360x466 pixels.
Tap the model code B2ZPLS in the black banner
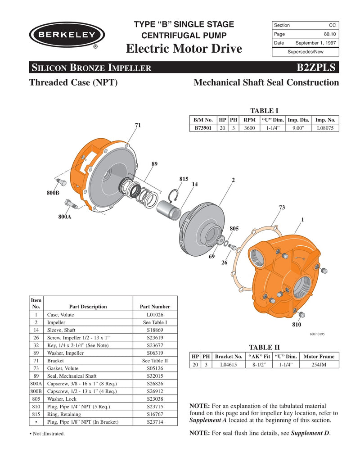point(316,68)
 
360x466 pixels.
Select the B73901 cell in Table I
point(203,128)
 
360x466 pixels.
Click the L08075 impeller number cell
point(325,128)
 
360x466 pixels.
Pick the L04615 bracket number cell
point(231,364)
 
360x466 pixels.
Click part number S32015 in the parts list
point(155,376)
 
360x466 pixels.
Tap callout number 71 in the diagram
point(138,125)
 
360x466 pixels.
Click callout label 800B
point(53,193)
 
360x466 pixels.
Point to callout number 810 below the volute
point(296,325)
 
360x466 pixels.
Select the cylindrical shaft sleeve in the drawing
point(168,210)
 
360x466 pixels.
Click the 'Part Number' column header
point(155,307)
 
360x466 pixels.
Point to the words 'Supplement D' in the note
point(310,433)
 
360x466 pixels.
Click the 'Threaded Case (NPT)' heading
point(73,82)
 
